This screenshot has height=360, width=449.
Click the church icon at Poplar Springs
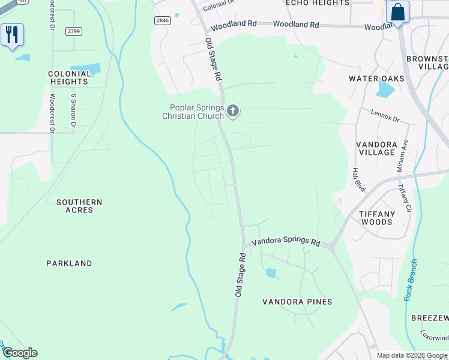pyautogui.click(x=233, y=110)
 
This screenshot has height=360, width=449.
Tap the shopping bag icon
pyautogui.click(x=397, y=13)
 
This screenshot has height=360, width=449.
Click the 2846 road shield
pyautogui.click(x=162, y=20)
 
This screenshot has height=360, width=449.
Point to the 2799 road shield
pyautogui.click(x=74, y=31)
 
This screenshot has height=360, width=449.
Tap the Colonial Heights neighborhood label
pyautogui.click(x=69, y=77)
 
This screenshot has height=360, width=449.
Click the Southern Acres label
pyautogui.click(x=79, y=206)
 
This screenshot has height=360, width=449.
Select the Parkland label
pyautogui.click(x=70, y=263)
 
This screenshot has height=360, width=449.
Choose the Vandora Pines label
pyautogui.click(x=297, y=302)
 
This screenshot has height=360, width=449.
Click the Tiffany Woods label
pyautogui.click(x=376, y=218)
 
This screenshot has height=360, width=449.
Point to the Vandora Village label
pyautogui.click(x=376, y=148)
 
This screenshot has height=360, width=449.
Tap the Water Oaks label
pyautogui.click(x=376, y=79)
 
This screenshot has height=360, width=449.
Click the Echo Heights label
pyautogui.click(x=318, y=3)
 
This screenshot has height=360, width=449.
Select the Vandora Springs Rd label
pyautogui.click(x=286, y=242)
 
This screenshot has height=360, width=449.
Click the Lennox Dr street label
pyautogui.click(x=385, y=116)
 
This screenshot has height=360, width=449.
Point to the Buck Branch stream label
pyautogui.click(x=411, y=280)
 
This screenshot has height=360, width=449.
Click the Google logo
pyautogui.click(x=20, y=353)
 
